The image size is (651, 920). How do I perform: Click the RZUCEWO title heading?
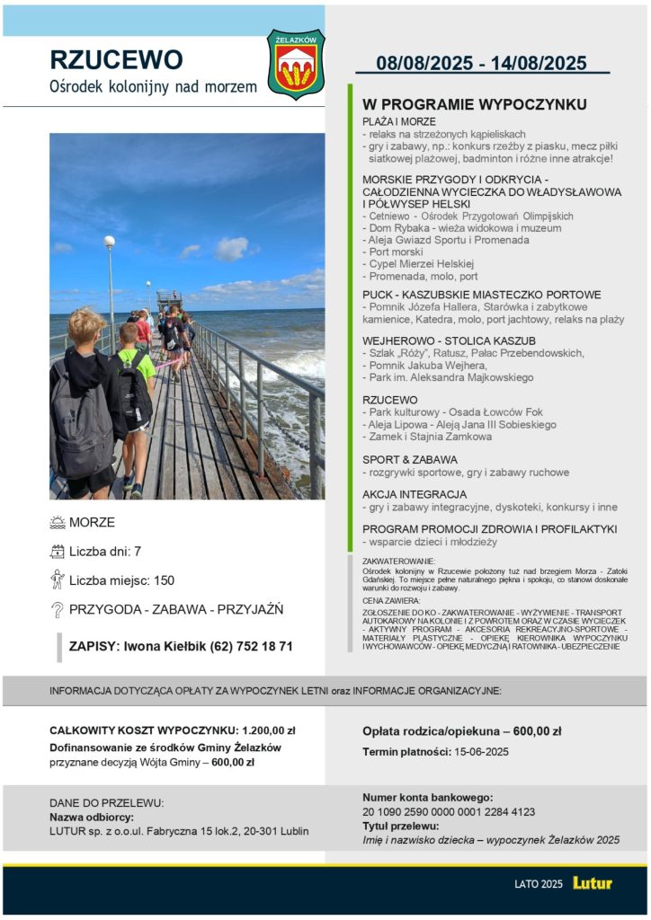[116, 59]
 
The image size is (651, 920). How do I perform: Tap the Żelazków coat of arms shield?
[296, 65]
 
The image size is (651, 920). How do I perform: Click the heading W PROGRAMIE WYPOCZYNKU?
[474, 104]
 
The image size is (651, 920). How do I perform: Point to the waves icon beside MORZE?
[58, 523]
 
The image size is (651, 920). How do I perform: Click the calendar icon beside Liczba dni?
[58, 552]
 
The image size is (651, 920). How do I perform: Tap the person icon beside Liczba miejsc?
[58, 579]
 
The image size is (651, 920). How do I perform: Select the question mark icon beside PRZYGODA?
[58, 610]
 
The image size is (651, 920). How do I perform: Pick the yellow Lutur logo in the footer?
[592, 883]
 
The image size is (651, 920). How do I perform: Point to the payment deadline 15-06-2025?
[482, 752]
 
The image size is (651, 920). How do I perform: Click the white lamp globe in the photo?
[110, 241]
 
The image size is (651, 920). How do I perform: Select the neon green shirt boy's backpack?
[132, 394]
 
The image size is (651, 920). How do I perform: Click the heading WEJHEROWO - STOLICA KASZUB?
[449, 341]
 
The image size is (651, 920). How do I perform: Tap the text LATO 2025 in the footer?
[539, 884]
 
